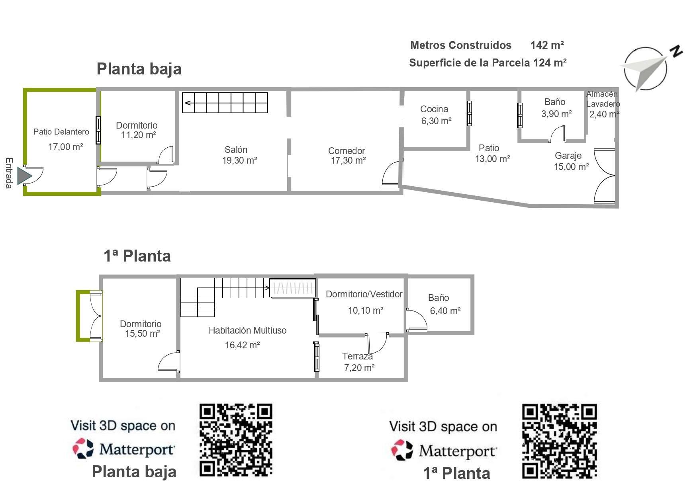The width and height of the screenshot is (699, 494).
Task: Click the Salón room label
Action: coord(236,150)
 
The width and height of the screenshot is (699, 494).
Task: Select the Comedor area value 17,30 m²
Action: coord(348,160)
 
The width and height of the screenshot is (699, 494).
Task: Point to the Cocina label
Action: coord(434,109)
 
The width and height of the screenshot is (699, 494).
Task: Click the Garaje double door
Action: coord(604,176)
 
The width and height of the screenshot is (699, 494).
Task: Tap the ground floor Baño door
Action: coord(557,134)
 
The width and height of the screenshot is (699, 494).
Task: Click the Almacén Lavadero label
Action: coord(603,99)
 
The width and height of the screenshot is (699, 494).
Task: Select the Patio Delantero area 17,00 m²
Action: coord(66,147)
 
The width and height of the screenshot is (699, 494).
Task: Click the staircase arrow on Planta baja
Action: coord(225,103)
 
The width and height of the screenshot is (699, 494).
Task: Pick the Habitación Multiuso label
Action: coord(247,330)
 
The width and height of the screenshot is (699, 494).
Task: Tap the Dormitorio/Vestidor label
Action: coord(364,294)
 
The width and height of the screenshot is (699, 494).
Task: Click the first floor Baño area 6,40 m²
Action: coord(445,311)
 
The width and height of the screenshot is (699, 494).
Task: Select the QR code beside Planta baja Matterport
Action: coord(236,440)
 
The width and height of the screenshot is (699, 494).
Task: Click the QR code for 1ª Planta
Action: coord(560,441)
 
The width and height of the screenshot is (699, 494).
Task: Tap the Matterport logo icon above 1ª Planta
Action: coord(402,450)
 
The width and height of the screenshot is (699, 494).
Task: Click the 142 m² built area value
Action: coord(547,45)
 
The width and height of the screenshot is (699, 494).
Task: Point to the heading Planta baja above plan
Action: coord(139,68)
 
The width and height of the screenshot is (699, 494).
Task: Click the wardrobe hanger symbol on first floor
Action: coord(293,288)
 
